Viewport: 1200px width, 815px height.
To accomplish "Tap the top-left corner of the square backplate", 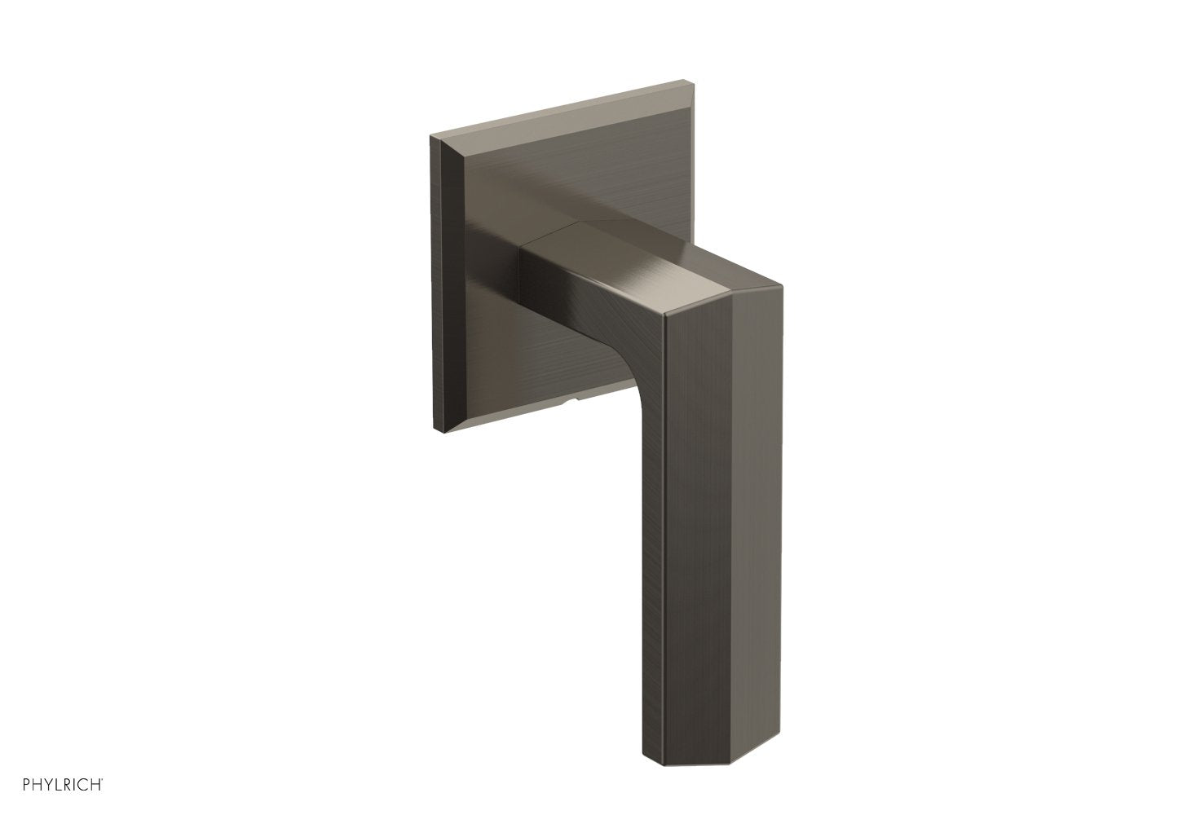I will pos(430,132).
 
